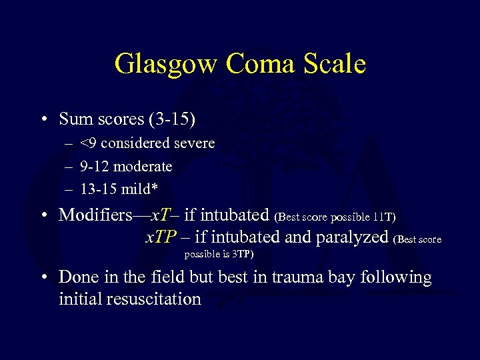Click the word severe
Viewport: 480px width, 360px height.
pyautogui.click(x=192, y=143)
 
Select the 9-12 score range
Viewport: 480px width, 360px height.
pyautogui.click(x=93, y=166)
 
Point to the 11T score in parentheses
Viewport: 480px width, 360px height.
pyautogui.click(x=384, y=217)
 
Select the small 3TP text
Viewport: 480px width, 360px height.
pyautogui.click(x=241, y=255)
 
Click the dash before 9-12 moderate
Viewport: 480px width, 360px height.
pyautogui.click(x=69, y=167)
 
